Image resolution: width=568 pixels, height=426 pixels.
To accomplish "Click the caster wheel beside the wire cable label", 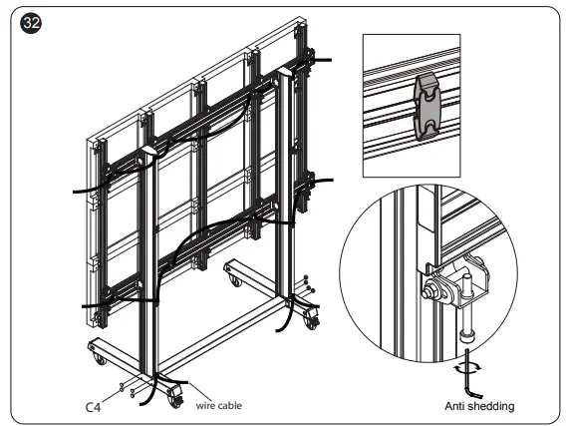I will click(x=175, y=399).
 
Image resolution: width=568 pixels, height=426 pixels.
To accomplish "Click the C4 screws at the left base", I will click(x=126, y=386).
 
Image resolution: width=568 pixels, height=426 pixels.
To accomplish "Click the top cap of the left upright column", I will click(x=150, y=151).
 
